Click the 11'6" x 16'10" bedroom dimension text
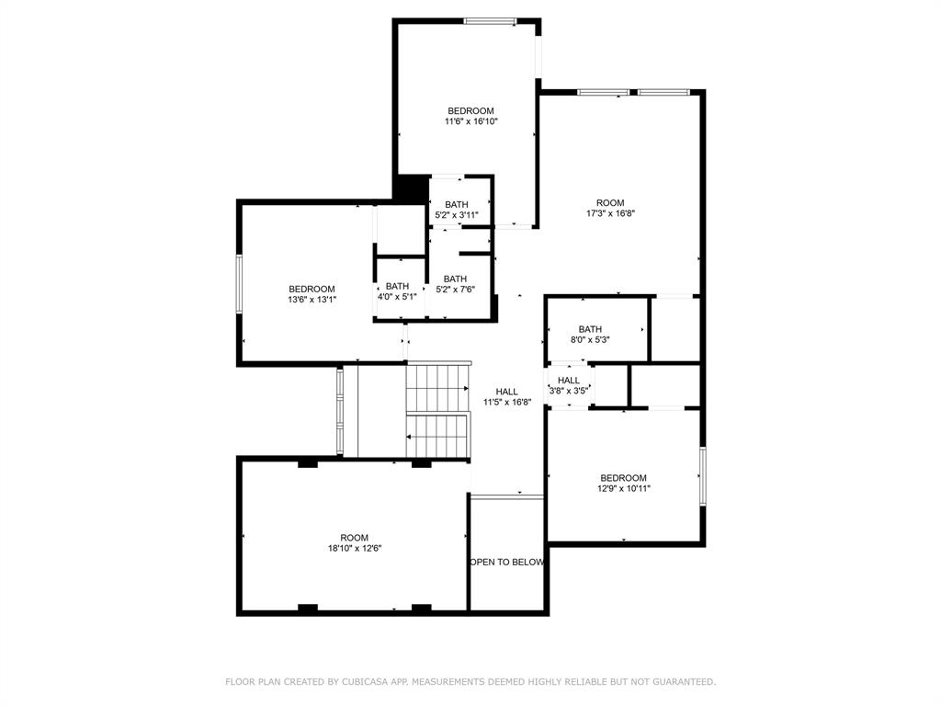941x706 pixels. pos(470,121)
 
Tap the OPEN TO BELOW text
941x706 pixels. pos(507,562)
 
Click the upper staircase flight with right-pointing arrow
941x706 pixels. pos(437,388)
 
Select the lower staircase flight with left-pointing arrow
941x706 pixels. pos(437,435)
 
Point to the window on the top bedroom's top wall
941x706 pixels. pos(490,20)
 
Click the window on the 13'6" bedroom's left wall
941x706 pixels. pos(239,284)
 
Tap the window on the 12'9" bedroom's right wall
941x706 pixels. pos(703,476)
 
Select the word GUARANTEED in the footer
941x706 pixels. pos(680,682)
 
